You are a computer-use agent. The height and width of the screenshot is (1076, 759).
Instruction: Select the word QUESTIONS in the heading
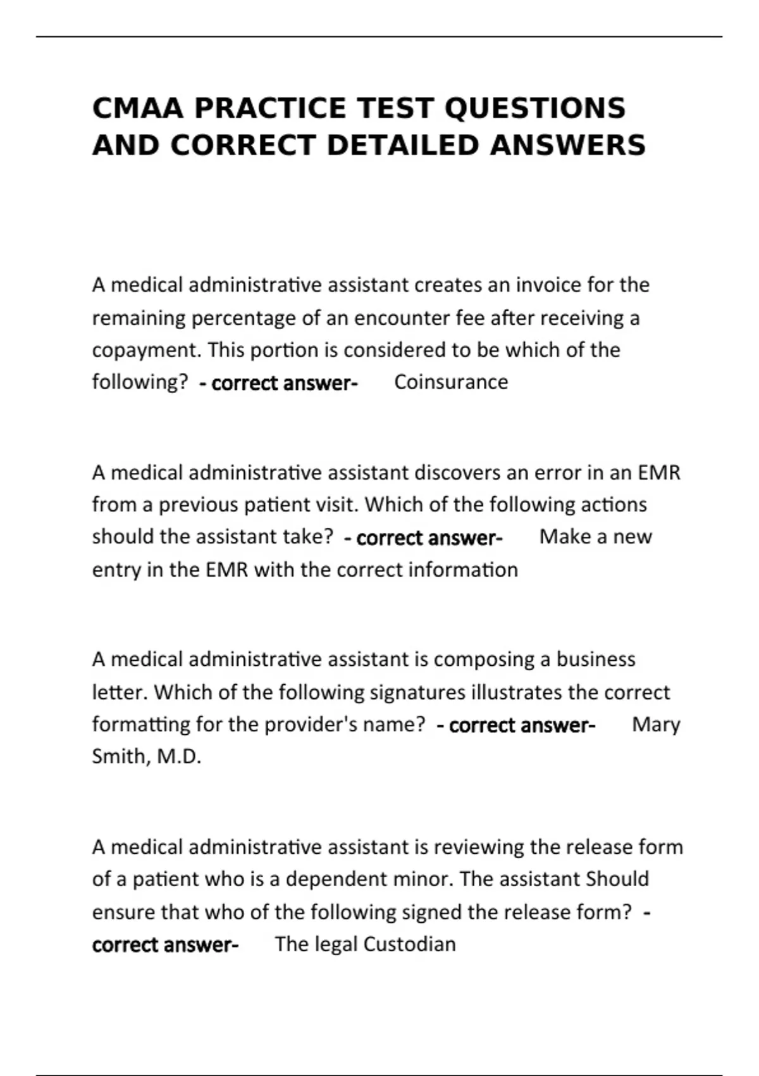pyautogui.click(x=535, y=108)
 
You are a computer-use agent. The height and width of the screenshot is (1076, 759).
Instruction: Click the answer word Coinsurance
pyautogui.click(x=451, y=382)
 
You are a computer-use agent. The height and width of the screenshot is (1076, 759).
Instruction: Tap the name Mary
pyautogui.click(x=656, y=725)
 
